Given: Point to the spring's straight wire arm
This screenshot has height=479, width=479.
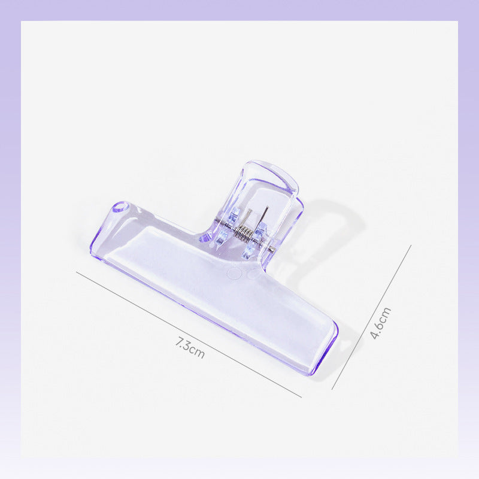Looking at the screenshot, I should click(263, 217).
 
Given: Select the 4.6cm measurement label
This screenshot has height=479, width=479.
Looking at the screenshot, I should click(380, 323).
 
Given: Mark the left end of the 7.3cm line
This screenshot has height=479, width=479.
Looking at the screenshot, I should click(77, 272).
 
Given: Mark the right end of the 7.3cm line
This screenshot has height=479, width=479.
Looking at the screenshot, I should click(301, 396).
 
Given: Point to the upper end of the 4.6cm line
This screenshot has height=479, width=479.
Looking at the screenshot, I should click(411, 245).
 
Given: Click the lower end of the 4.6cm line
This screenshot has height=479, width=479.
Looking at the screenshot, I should click(332, 389).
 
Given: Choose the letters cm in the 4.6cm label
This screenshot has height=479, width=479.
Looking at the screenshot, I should click(385, 313).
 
